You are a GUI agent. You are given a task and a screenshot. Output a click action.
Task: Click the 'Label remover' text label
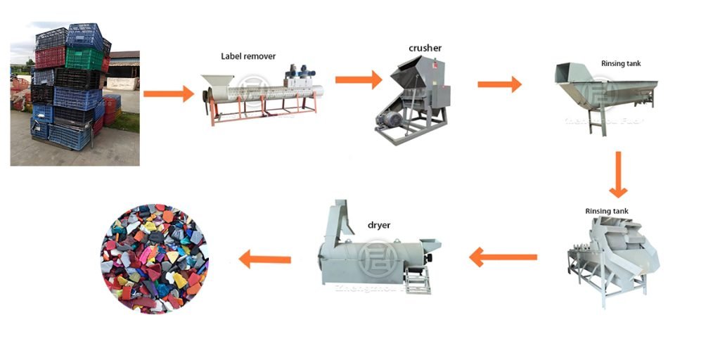point(248,56)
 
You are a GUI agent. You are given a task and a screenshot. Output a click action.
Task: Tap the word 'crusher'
point(424,48)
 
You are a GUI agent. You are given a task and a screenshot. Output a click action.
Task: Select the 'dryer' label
point(379,226)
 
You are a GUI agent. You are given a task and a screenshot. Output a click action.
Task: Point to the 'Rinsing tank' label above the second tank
point(607,211)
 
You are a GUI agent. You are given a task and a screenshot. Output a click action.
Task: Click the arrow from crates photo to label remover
point(168,93)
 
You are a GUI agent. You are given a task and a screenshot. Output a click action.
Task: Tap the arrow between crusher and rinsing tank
point(499,85)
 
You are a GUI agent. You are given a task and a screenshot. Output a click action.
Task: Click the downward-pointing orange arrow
point(617,174)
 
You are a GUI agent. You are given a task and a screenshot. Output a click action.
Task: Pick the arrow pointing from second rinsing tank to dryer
point(503,257)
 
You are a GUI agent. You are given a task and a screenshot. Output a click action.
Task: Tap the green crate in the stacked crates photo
point(83,58)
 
